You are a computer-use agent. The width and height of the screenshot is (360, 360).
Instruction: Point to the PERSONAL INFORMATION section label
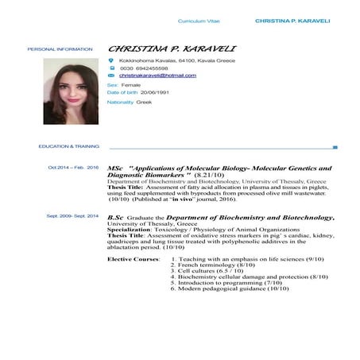coord(54,49)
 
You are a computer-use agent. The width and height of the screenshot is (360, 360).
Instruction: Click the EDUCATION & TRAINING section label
coord(68,147)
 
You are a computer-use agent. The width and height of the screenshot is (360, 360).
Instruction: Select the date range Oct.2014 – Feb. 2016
coord(73,168)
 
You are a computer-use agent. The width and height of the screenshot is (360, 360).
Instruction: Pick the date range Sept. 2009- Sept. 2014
coord(72,216)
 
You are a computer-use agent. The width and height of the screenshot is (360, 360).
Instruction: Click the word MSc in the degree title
coord(115,168)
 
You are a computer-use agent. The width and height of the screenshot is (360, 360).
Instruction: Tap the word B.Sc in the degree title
coord(116,217)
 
